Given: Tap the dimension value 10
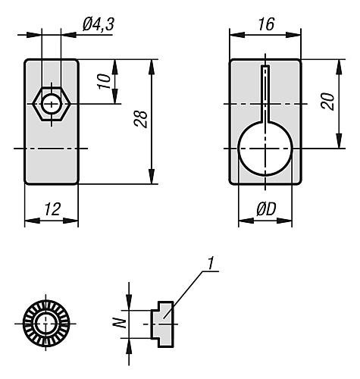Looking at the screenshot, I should pos(105,80).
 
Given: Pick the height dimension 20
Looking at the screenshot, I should pos(328,102).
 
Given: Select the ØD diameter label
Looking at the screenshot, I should pos(266,210).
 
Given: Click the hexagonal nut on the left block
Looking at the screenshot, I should pos(51,102).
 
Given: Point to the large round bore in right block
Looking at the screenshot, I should pos(265,149).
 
